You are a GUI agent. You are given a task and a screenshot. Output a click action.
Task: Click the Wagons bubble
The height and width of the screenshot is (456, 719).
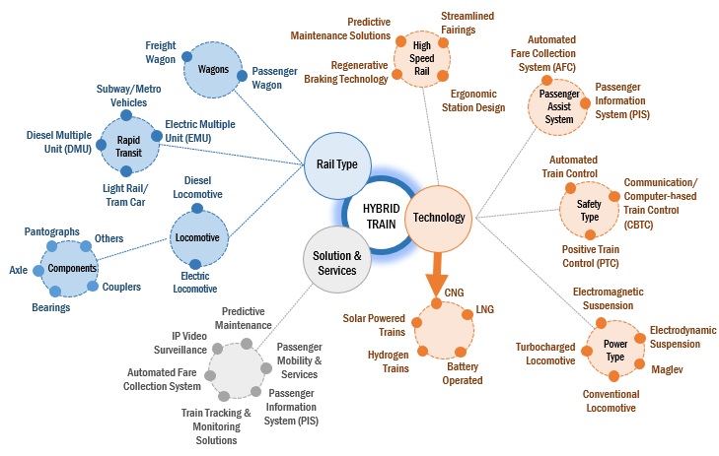point(214,70)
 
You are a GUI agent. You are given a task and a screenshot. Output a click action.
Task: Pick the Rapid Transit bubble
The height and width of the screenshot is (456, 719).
point(122,146)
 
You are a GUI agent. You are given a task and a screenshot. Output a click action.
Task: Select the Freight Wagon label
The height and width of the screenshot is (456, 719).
point(160,52)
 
